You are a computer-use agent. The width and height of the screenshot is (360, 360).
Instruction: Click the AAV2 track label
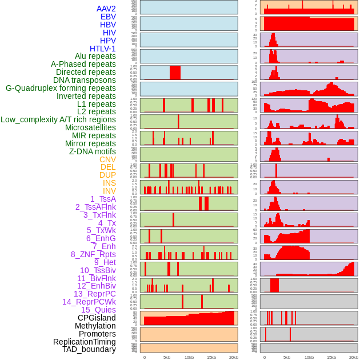tap(106, 9)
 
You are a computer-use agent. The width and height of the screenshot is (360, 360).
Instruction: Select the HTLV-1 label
tap(102, 49)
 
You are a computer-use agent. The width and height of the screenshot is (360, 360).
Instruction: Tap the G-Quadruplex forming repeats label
tap(61, 88)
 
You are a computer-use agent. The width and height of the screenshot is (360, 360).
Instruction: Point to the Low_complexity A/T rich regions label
tap(58, 119)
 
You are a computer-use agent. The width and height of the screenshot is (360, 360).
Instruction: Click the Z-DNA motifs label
tap(92, 151)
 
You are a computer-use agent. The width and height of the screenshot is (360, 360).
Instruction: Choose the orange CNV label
tap(107, 159)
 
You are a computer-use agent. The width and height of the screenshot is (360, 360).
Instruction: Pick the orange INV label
tap(109, 191)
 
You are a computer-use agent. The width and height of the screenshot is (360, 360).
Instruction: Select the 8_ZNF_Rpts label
tap(93, 254)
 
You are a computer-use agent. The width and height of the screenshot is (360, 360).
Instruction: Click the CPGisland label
tap(97, 318)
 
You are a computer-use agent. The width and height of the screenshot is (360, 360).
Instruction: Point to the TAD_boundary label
tap(89, 349)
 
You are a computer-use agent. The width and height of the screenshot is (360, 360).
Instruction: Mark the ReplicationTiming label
tap(84, 342)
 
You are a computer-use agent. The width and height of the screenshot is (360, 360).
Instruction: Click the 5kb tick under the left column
tap(167, 357)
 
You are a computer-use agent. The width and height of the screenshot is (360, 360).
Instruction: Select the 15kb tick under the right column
tap(331, 357)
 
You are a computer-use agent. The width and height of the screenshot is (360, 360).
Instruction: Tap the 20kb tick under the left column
tap(233, 357)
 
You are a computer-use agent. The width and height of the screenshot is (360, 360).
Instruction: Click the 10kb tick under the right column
tap(309, 357)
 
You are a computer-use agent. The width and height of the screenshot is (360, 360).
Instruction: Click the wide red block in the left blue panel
tap(175, 73)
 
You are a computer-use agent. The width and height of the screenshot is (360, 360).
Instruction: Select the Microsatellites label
tap(90, 127)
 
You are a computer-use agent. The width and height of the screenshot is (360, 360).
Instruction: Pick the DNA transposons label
tap(85, 80)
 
